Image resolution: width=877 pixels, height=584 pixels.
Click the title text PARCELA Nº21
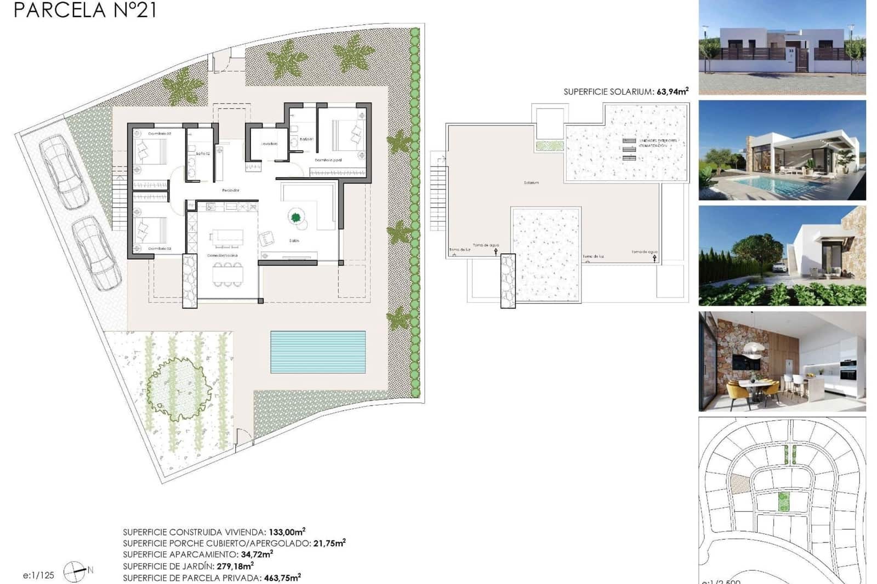click(85, 10)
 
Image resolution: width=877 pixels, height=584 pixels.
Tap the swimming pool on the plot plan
click(317, 352)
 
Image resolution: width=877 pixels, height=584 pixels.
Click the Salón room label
click(294, 241)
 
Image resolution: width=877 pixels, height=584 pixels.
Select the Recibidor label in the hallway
click(230, 190)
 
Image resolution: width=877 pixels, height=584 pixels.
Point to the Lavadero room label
click(269, 144)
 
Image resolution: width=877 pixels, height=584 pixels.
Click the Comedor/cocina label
click(222, 256)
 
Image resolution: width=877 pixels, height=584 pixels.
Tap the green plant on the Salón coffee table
click(296, 217)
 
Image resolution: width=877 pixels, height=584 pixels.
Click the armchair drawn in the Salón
click(267, 238)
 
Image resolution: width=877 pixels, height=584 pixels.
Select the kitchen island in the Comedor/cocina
click(227, 237)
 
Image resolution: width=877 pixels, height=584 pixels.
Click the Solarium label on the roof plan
click(531, 182)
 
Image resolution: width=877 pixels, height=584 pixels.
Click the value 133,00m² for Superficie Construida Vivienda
click(287, 531)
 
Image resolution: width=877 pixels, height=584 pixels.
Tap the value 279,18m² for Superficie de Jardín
click(235, 566)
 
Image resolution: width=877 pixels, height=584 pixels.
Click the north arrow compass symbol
click(75, 572)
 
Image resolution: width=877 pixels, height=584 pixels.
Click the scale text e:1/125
click(38, 575)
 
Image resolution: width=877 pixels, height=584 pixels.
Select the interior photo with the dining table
click(782, 362)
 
